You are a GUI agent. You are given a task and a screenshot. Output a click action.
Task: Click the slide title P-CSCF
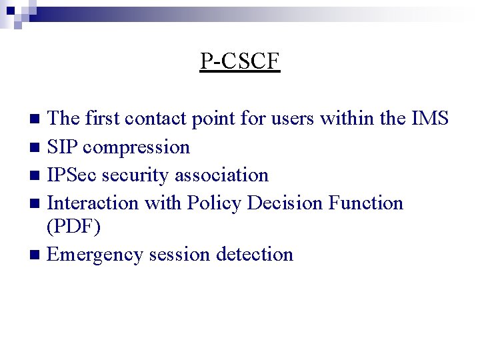click(x=240, y=61)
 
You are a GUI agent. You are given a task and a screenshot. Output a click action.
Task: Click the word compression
click(x=137, y=147)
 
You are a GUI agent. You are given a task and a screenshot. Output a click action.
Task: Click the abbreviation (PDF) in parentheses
click(x=74, y=227)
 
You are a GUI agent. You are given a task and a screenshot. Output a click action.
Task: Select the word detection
click(x=255, y=254)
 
